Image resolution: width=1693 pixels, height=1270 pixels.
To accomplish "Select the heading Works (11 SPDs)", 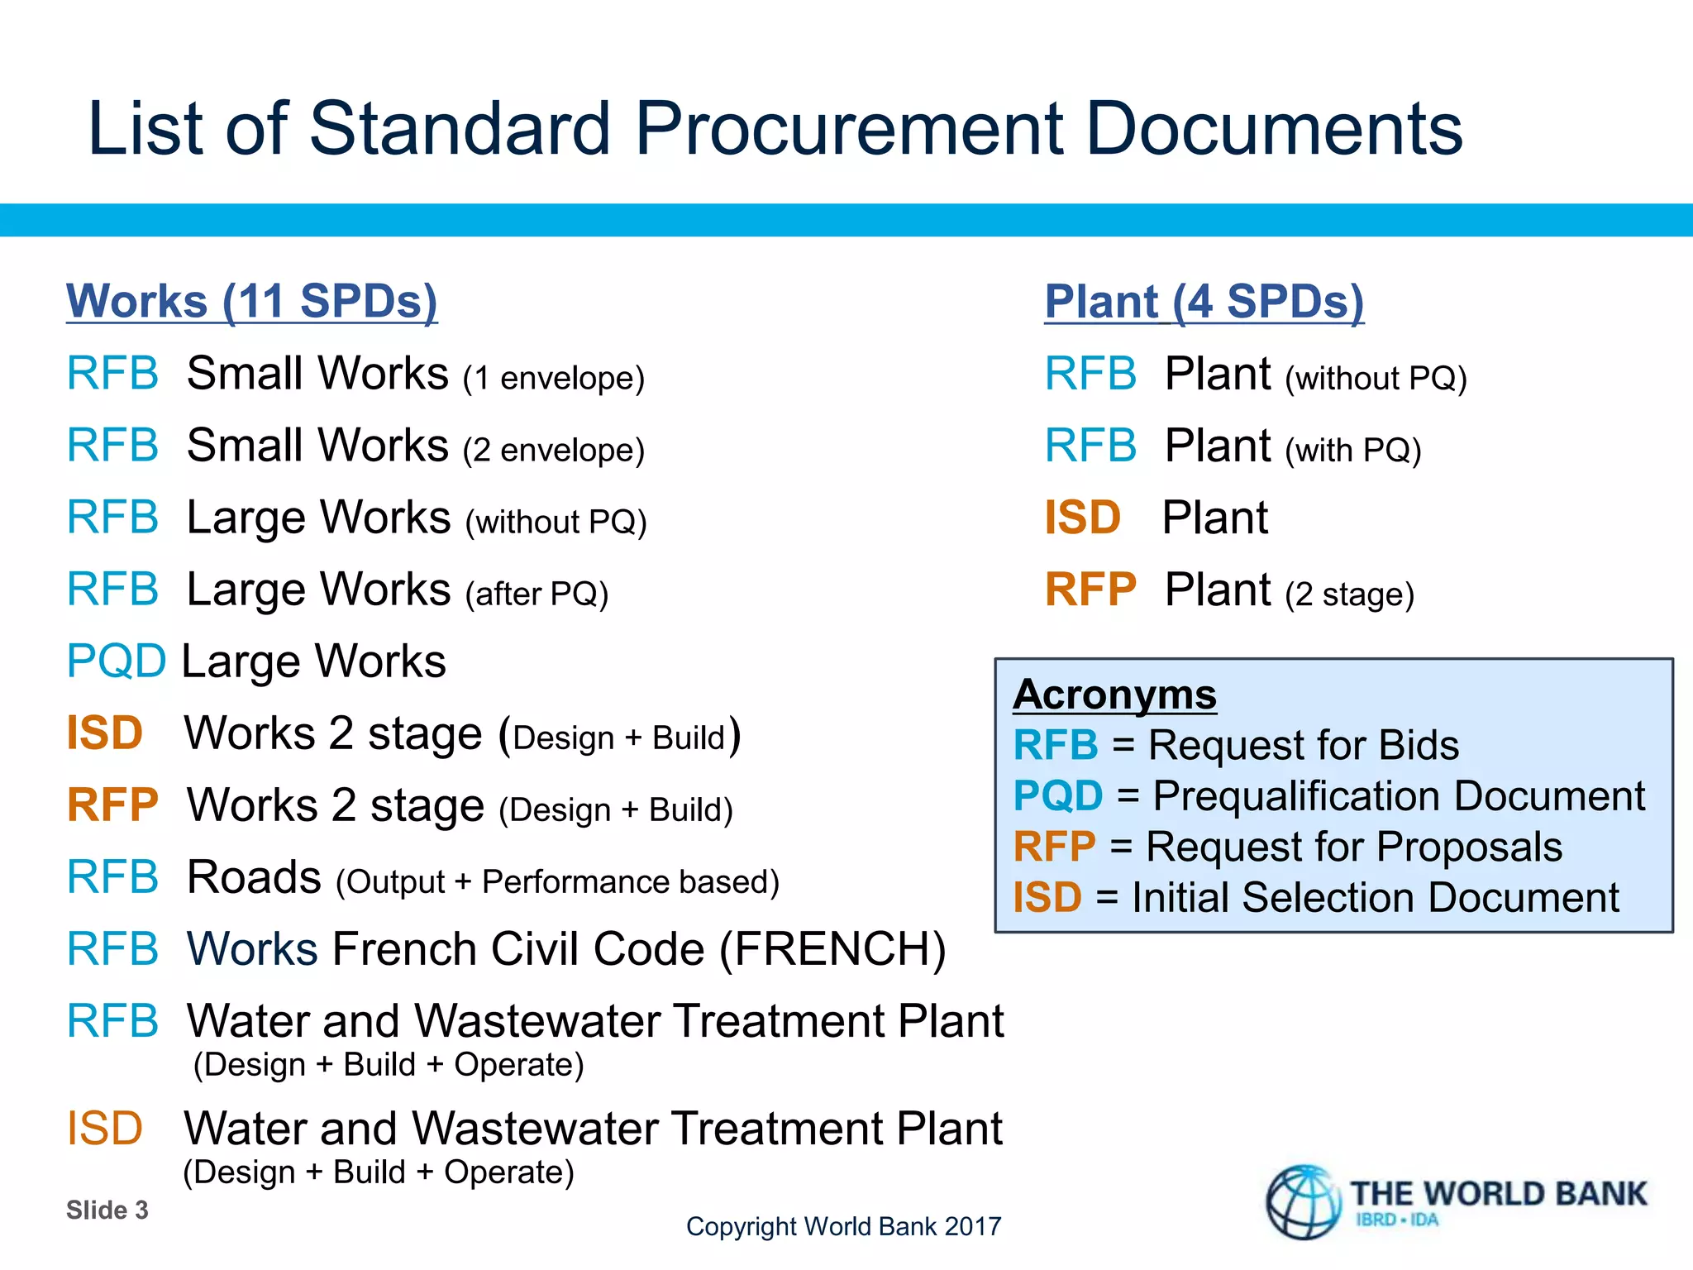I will tap(251, 301).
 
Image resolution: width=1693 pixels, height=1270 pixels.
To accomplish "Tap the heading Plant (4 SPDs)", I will tap(1204, 302).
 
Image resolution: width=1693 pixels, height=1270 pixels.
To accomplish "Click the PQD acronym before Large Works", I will tap(116, 661).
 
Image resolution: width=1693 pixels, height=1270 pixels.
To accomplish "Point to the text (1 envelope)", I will tap(553, 378).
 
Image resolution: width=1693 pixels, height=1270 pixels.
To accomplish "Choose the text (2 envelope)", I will tap(553, 450).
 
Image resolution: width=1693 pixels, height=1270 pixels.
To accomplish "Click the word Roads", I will tap(254, 877).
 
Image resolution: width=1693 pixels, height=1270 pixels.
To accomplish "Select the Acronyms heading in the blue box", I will tap(1114, 695).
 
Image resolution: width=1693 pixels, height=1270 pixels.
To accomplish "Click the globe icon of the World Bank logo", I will tap(1304, 1202).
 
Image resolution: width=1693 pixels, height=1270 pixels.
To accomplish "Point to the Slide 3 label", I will tap(107, 1210).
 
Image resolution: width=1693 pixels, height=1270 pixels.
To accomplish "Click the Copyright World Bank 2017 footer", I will tap(843, 1226).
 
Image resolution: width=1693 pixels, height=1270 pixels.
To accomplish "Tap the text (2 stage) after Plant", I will tap(1349, 594).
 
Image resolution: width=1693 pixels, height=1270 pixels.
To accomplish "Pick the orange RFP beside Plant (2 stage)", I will tap(1090, 590).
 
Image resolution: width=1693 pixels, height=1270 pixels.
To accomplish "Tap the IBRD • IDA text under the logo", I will tap(1397, 1220).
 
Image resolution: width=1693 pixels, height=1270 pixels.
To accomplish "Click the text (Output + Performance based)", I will tap(557, 882).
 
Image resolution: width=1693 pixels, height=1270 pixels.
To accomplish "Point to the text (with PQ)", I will tap(1352, 451).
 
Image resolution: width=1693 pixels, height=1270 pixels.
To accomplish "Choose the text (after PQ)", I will tap(537, 594).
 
